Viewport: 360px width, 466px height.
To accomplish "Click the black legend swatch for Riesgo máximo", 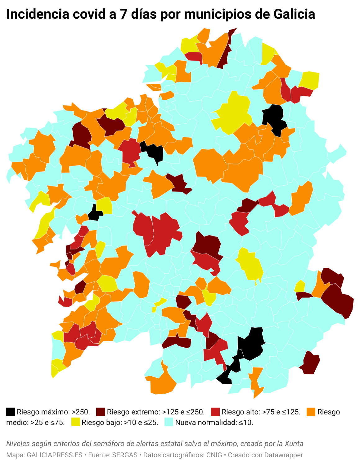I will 11,412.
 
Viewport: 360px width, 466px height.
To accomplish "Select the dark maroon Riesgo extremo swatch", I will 101,412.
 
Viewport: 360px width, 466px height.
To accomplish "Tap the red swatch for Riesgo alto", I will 215,412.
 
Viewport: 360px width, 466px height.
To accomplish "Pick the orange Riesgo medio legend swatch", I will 311,412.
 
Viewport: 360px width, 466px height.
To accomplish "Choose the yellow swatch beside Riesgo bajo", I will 75,422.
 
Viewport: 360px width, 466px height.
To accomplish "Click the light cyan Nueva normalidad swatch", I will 169,422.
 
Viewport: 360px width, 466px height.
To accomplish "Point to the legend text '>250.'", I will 81,412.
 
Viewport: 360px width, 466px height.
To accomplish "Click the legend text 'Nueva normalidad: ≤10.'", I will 214,422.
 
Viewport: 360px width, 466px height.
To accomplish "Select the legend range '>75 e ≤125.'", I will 281,412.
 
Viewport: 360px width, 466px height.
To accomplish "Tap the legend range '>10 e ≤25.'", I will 141,422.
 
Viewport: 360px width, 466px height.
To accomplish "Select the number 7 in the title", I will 123,14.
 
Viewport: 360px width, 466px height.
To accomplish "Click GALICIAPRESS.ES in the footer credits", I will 55,455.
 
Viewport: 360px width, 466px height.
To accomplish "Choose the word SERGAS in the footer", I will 125,455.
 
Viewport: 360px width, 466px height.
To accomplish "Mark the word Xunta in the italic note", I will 294,443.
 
